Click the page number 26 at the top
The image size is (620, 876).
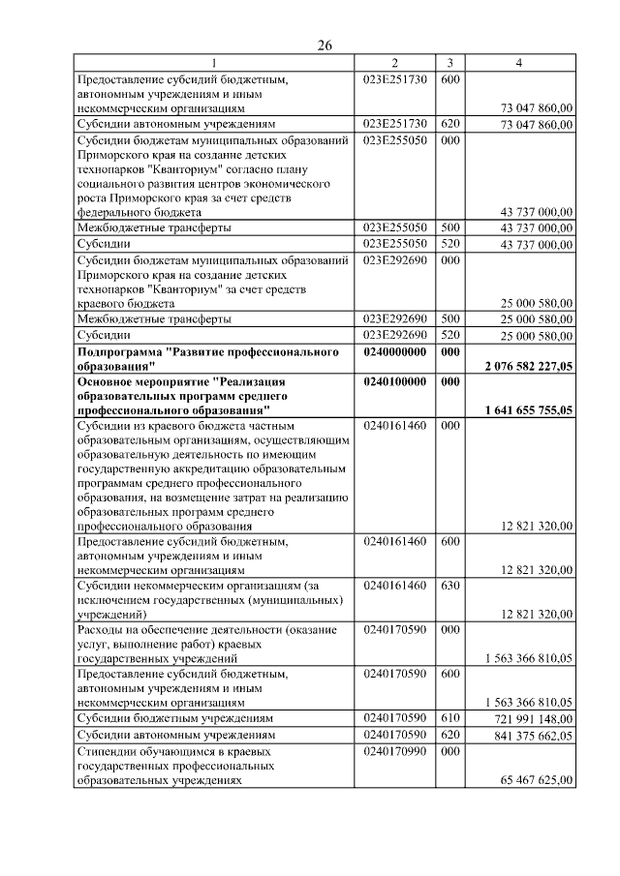[x=325, y=46]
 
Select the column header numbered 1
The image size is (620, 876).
[x=214, y=64]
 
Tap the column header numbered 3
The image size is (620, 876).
[x=449, y=64]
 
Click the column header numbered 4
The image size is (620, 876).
[x=519, y=64]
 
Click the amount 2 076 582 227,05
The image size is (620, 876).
[x=528, y=367]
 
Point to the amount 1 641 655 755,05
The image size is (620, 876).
[x=528, y=409]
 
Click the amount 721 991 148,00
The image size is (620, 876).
[x=532, y=720]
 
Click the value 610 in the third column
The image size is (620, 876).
[x=449, y=719]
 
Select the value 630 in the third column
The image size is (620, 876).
[x=449, y=586]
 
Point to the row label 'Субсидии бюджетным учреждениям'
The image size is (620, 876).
[x=175, y=719]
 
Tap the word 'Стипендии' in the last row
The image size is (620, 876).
[x=108, y=750]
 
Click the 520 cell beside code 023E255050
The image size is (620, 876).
[x=449, y=244]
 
